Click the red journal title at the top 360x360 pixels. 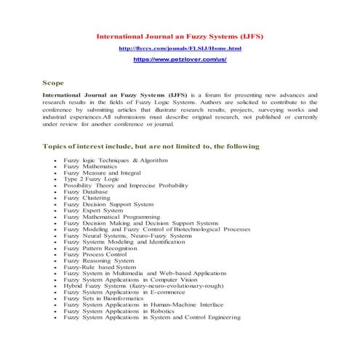(x=180, y=34)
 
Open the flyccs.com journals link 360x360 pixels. (x=180, y=48)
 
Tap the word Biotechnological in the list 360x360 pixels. (x=206, y=229)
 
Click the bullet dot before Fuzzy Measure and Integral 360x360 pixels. (x=56, y=172)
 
